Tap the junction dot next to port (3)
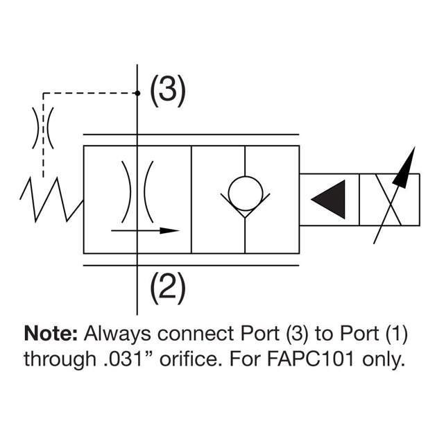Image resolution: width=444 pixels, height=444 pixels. pos(137,92)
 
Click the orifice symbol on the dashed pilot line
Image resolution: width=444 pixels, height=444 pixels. pos(43,128)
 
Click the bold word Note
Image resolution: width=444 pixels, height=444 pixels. pos(51,334)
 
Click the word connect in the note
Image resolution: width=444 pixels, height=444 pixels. pos(192,334)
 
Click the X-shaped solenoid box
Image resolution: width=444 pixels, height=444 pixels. pos(390,199)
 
